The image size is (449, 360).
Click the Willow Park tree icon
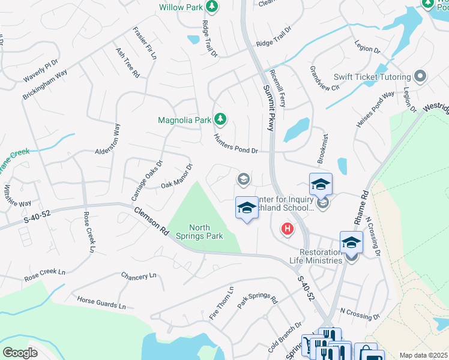point(211,6)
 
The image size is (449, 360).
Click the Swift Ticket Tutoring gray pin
point(420,77)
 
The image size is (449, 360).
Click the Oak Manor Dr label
point(176,176)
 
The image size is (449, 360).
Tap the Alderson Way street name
point(107,140)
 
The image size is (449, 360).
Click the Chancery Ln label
point(138,275)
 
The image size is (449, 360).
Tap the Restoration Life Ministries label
point(321,256)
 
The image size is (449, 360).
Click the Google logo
point(20,352)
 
